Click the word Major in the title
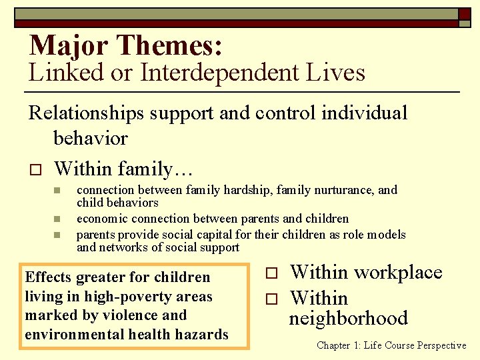tap(69, 45)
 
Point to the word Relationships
tap(89, 113)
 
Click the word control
tap(285, 113)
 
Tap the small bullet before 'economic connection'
tap(57, 219)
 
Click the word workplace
tap(398, 273)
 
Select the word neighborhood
tap(348, 318)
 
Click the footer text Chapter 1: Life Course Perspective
tap(391, 345)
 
